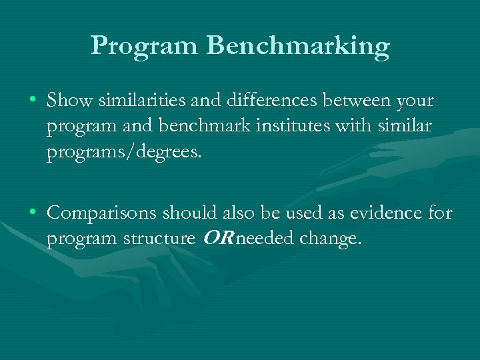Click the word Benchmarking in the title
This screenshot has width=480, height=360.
coord(299,46)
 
